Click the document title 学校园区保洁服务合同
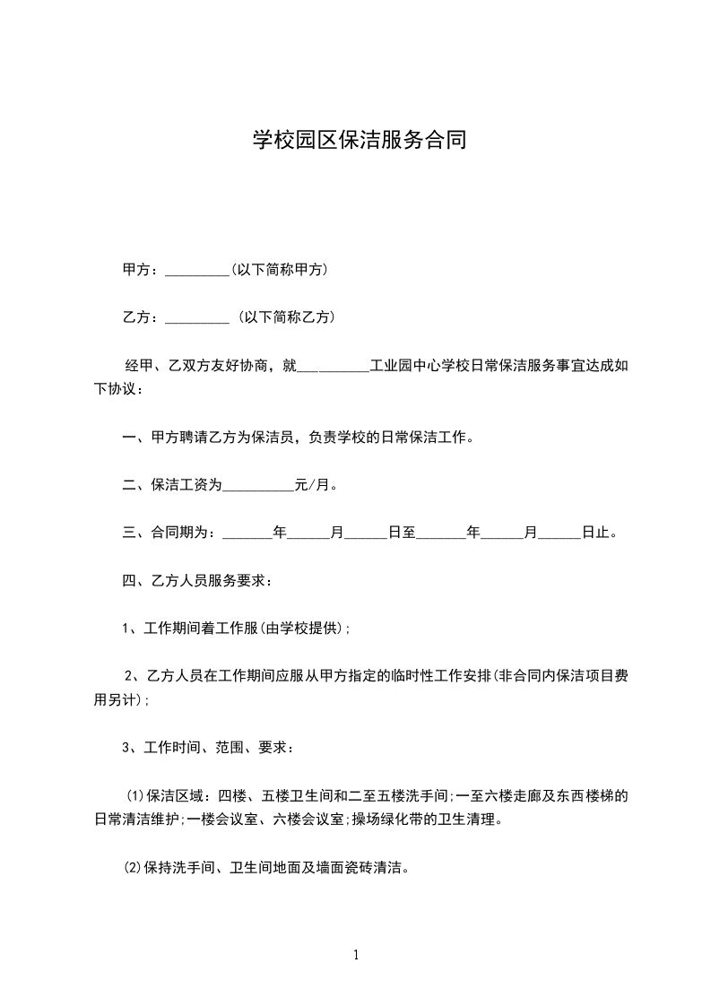(359, 141)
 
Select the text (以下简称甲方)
(279, 269)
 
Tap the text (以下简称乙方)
(286, 317)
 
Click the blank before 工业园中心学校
(332, 366)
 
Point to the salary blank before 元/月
(257, 485)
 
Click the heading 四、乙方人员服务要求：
(197, 580)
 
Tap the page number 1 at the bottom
(356, 955)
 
